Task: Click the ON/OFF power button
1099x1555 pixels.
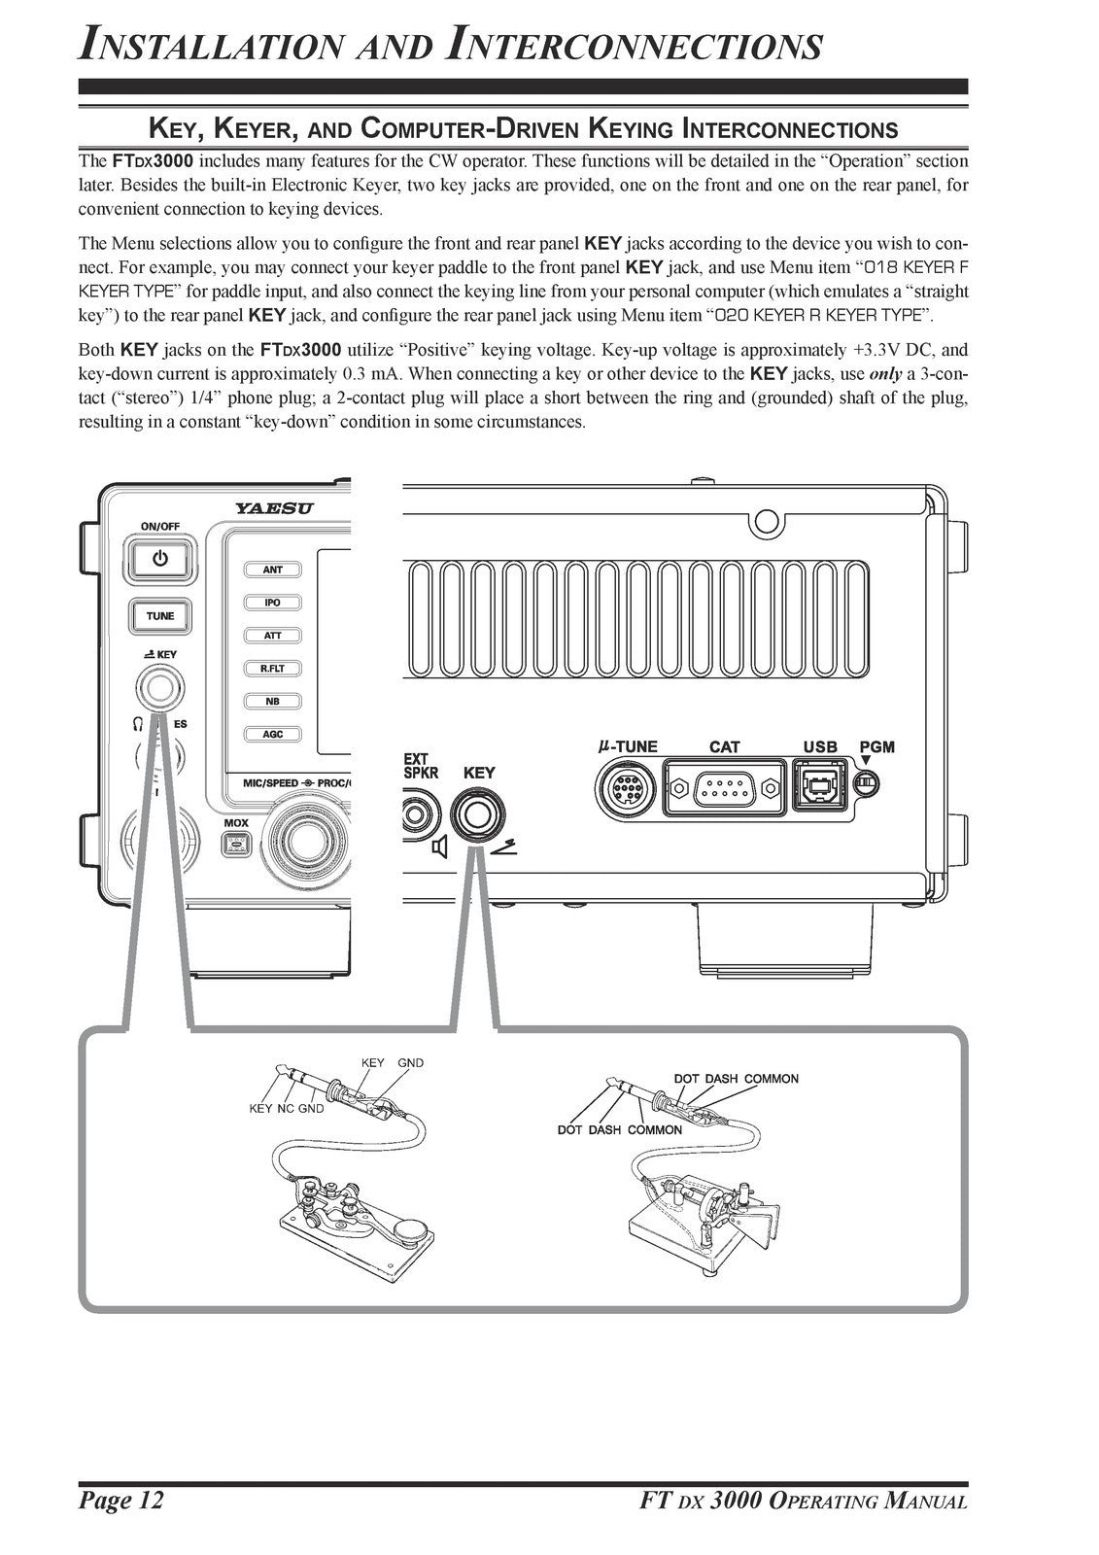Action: pos(159,560)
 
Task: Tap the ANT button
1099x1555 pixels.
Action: pos(273,570)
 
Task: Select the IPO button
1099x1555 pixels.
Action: pos(273,603)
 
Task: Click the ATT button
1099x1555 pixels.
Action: pos(273,636)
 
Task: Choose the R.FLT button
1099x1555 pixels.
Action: pos(273,669)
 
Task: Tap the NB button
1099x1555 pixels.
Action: pos(273,702)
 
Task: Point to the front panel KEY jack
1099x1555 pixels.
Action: pos(159,690)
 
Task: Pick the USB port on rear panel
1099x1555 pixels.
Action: pos(820,783)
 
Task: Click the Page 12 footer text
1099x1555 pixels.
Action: pos(121,1501)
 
